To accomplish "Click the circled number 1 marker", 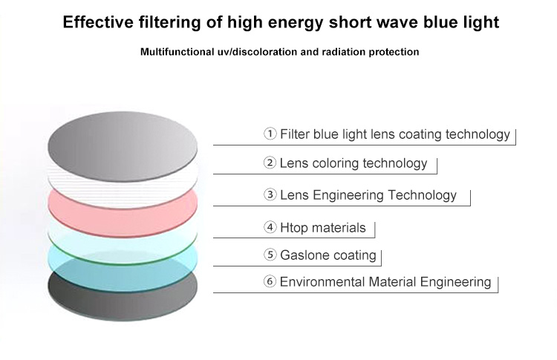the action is (270, 134).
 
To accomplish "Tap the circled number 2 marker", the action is (270, 163).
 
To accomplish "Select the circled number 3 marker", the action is (270, 194).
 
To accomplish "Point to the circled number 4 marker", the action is (270, 227).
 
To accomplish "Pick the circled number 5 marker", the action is (270, 255).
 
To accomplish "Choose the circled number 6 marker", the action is (270, 281).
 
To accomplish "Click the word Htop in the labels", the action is (294, 228).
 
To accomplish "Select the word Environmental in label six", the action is (322, 282).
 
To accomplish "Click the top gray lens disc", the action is (123, 146).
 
